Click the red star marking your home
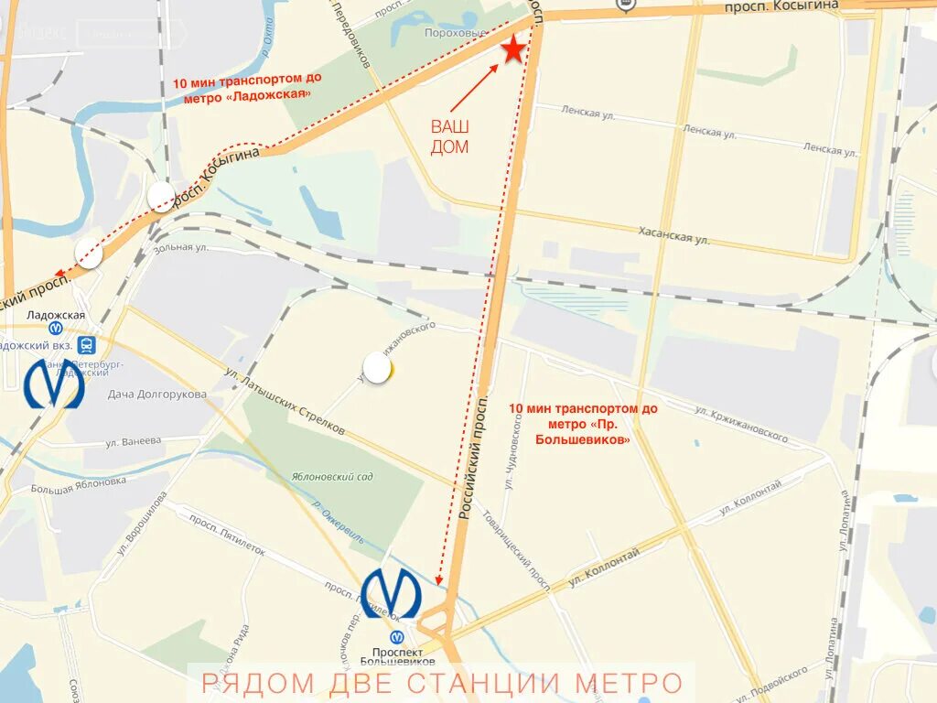[x=513, y=49]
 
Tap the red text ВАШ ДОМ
[x=449, y=136]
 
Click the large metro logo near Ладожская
[x=54, y=384]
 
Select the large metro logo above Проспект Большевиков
[x=391, y=593]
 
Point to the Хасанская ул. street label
[x=676, y=236]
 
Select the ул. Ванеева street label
[x=132, y=441]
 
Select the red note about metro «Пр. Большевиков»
[x=569, y=423]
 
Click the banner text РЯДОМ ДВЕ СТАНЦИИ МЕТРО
[x=442, y=683]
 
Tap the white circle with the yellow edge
[x=377, y=368]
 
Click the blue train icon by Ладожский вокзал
[x=86, y=345]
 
